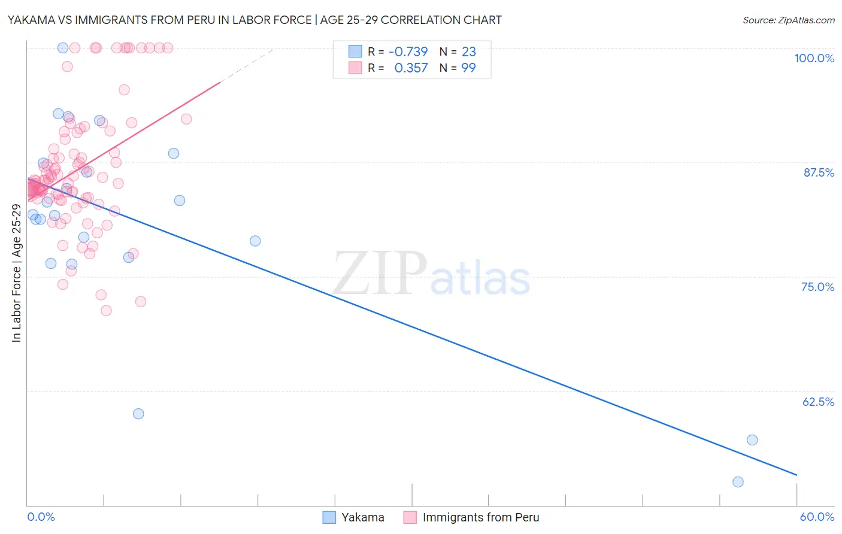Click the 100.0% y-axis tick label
814,58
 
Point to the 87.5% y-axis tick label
819,172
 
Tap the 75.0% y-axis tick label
817,287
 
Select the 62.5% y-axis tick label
818,402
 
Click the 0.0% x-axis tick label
41,517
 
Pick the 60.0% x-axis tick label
816,517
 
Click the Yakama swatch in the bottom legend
329,517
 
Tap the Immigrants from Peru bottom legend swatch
410,517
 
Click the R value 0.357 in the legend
411,68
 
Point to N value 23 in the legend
468,51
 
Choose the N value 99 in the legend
468,68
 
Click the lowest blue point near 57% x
738,482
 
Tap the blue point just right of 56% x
752,440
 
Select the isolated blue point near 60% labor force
138,414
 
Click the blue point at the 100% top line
62,48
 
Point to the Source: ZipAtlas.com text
788,20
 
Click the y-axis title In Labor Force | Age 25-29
16,273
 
